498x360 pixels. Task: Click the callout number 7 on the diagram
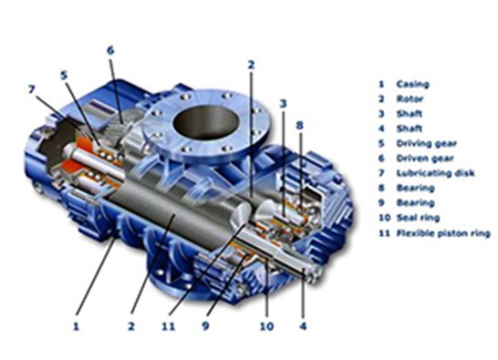coord(32,88)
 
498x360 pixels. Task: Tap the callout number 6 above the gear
coord(109,49)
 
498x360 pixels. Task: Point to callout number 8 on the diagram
coord(299,123)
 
